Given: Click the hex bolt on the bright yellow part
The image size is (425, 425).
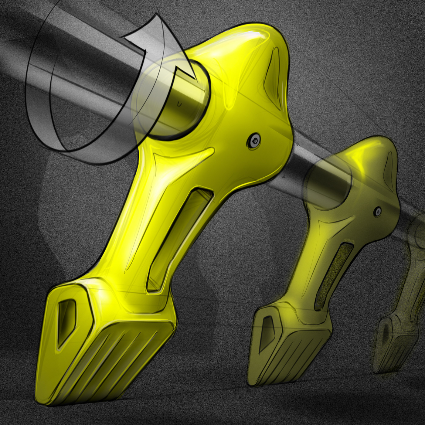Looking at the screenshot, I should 253,141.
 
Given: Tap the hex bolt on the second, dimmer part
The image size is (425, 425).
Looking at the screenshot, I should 378,212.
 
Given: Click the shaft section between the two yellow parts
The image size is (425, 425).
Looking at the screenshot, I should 301,158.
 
